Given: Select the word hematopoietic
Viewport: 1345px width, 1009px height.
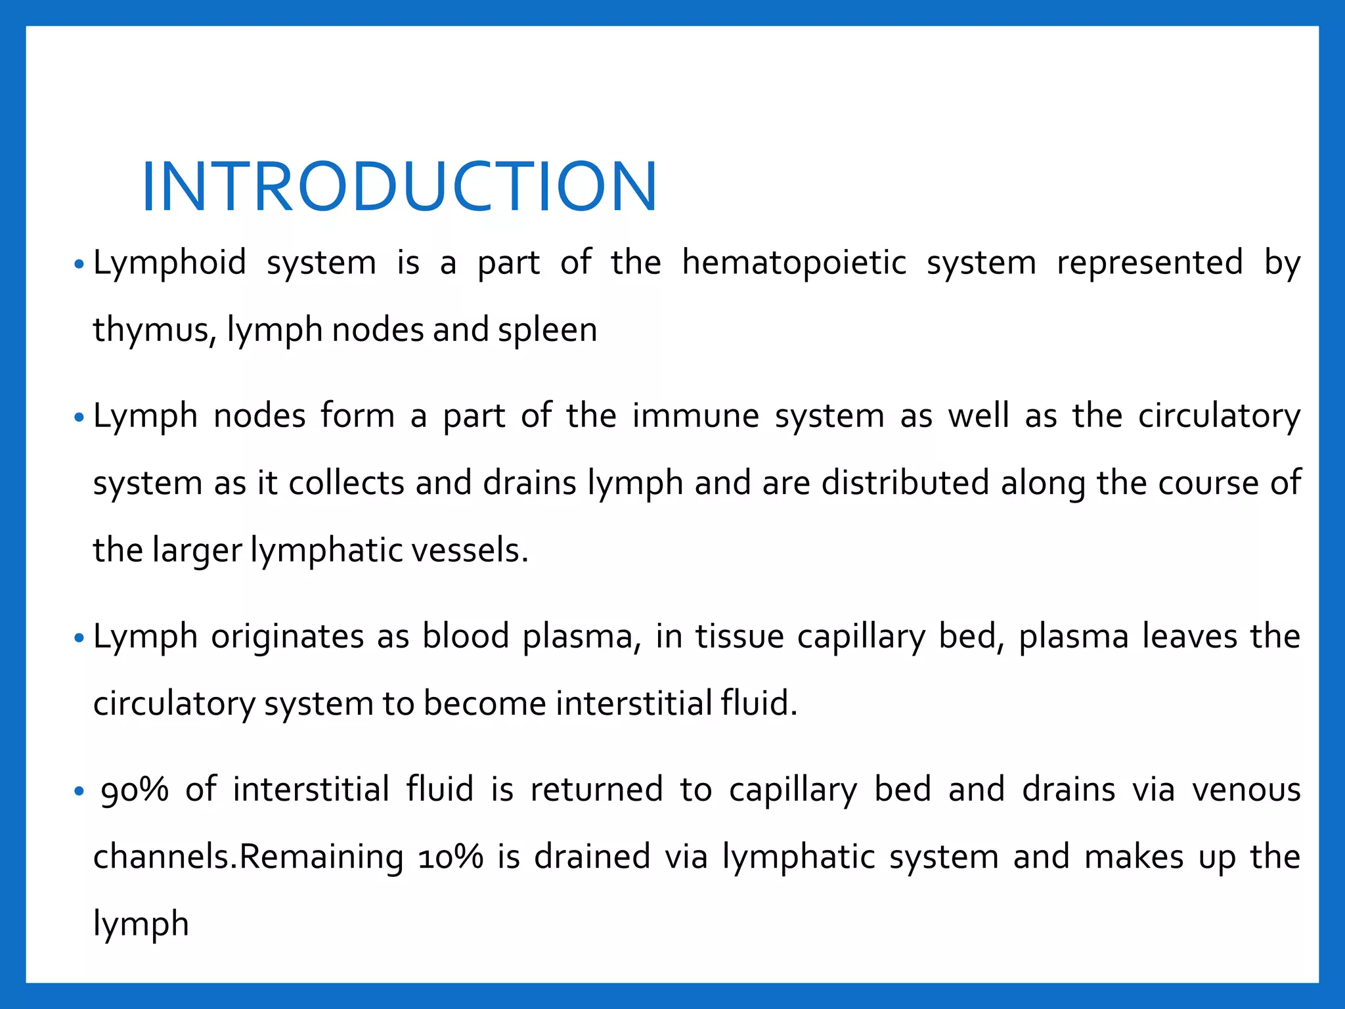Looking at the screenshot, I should (x=794, y=263).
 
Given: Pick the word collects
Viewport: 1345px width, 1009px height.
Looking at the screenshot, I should (x=346, y=483).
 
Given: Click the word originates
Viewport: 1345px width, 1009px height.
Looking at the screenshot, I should (x=287, y=637).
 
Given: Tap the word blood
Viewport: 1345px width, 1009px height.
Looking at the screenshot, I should (x=466, y=637).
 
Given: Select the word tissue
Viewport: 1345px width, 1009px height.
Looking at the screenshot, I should (x=739, y=637).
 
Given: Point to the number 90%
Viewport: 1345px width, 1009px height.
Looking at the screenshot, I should (x=135, y=790).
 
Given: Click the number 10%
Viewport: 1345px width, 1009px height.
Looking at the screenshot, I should (x=451, y=857).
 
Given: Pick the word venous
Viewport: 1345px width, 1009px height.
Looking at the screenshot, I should (x=1246, y=790).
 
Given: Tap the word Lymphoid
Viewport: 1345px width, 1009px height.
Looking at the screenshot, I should (x=169, y=263).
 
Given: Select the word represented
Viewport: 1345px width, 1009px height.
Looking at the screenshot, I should (x=1149, y=263).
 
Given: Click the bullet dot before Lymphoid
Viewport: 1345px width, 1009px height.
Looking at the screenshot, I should (x=79, y=265).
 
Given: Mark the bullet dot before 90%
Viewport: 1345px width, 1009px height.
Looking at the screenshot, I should (x=79, y=792).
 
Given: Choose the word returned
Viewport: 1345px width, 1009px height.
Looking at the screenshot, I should (x=596, y=790).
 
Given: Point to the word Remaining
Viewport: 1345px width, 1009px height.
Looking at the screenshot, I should (x=321, y=857).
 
